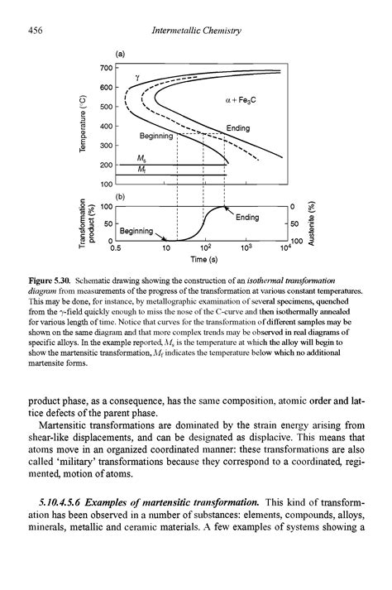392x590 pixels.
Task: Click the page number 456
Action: coord(34,31)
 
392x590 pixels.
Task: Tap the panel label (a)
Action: coord(120,53)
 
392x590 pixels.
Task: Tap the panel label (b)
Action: coord(120,197)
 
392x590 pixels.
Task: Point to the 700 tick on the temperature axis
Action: coord(105,67)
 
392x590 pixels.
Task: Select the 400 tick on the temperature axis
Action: coord(105,126)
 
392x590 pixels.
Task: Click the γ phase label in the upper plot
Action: coord(138,77)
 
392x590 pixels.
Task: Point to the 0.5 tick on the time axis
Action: coord(116,247)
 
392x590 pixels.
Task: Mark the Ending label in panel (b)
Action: coord(246,217)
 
